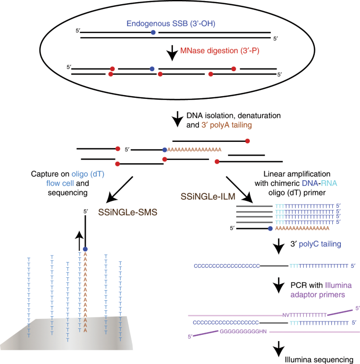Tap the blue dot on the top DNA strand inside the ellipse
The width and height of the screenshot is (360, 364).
point(153,33)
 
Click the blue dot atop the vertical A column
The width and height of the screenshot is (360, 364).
point(85,249)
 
